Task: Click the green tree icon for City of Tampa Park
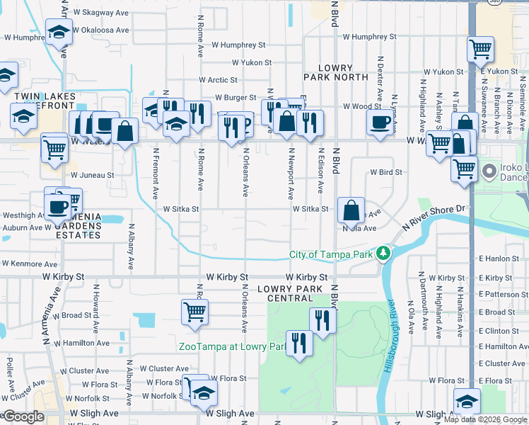[383, 253]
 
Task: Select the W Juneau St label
[92, 175]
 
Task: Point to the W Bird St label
[386, 172]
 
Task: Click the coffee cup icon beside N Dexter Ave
[380, 122]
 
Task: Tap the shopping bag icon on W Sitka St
[351, 210]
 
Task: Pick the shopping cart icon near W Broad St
[194, 311]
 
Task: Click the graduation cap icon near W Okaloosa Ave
[59, 31]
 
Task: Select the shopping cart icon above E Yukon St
[480, 49]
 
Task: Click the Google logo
[23, 416]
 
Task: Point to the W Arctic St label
[218, 80]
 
